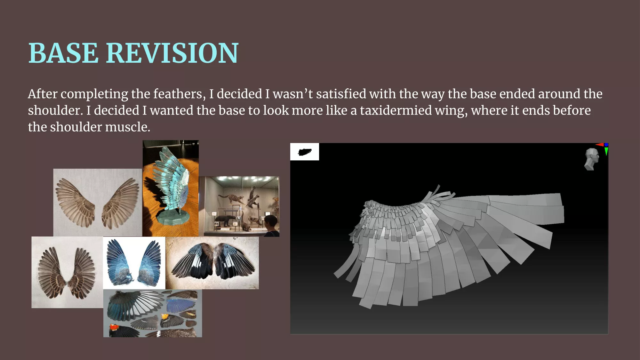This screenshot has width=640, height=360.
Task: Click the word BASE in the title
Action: (x=63, y=53)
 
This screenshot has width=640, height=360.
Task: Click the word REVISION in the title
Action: (x=172, y=53)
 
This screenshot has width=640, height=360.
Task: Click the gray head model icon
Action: (x=591, y=159)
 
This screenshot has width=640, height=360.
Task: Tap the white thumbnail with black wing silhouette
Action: (x=305, y=152)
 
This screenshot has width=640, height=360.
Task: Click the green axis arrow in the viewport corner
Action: (x=606, y=151)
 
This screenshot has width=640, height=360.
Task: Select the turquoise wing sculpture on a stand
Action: (x=171, y=188)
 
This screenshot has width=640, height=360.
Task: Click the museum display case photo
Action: (x=239, y=206)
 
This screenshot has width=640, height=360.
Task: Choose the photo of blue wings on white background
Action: (x=134, y=263)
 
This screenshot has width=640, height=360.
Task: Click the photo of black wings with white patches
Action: (x=212, y=263)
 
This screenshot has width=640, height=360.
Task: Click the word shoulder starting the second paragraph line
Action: (x=55, y=111)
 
